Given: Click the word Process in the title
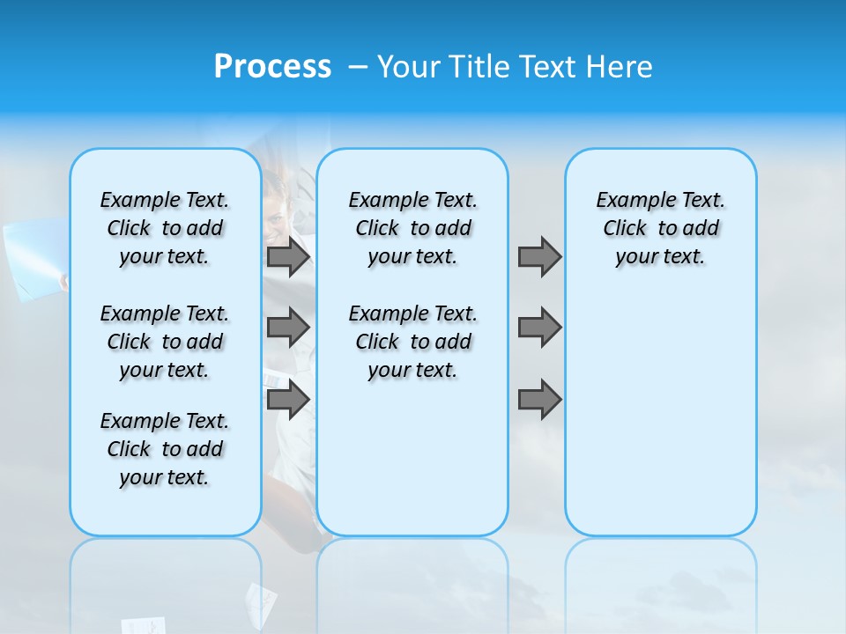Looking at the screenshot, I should pos(272,66).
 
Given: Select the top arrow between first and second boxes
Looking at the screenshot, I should pos(288,257).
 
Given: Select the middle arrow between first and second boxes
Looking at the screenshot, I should pos(288,328).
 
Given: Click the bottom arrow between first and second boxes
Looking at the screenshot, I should pos(288,401).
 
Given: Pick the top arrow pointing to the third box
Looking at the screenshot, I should pos(539,257).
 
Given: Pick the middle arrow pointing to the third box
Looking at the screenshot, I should pos(539,328).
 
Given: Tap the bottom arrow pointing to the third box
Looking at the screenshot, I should pos(539,401).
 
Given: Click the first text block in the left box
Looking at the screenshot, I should pos(165,228).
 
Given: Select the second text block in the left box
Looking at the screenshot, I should pos(165,342).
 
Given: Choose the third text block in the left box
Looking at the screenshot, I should pos(165,449).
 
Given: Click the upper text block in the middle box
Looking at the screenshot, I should pos(412,228).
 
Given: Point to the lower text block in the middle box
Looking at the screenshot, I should pos(412,342).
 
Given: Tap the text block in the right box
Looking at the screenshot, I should pos(660,228).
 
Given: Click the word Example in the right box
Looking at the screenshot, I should pos(629,201).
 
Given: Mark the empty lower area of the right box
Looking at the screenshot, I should pos(660,414).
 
